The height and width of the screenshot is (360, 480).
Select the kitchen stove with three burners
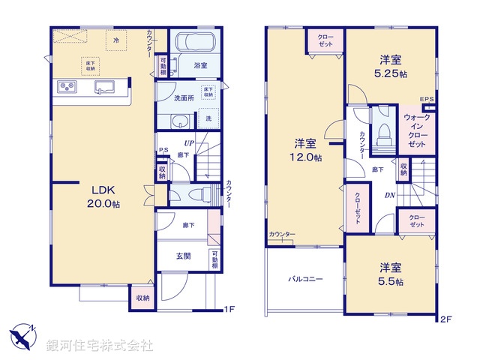(x=67, y=88)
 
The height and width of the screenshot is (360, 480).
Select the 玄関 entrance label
(x=182, y=256)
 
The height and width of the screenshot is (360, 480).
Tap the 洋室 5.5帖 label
(x=389, y=274)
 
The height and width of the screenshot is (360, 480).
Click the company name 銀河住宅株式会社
(x=100, y=346)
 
